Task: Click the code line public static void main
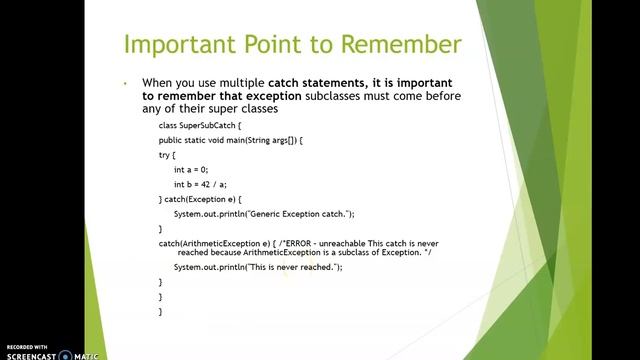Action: [230, 141]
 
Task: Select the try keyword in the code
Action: [165, 156]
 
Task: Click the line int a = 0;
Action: [193, 170]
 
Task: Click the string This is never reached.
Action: [291, 268]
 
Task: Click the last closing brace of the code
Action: [160, 312]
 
